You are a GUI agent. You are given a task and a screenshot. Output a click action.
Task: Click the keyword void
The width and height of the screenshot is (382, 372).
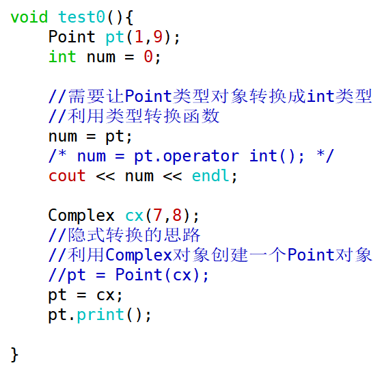(29, 17)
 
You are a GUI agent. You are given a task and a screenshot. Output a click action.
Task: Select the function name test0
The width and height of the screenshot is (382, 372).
(81, 17)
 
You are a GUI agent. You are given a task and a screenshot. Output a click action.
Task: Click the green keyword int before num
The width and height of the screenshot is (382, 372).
(62, 57)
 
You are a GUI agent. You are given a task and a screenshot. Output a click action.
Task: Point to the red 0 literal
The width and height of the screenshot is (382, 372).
(148, 57)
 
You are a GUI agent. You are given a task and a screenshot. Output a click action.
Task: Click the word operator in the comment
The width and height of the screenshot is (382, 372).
(201, 156)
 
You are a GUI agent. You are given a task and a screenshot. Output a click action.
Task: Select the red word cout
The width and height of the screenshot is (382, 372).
(67, 176)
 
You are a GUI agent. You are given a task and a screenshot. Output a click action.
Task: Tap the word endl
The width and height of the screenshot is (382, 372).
(210, 176)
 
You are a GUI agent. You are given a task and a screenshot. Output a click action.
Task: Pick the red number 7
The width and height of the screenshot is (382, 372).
(158, 215)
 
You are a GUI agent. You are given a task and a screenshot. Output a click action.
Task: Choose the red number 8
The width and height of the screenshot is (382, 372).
(177, 215)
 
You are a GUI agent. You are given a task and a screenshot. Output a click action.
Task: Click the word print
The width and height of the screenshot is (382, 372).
(100, 315)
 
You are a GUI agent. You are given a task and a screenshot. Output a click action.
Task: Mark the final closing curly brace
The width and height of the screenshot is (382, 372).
(14, 355)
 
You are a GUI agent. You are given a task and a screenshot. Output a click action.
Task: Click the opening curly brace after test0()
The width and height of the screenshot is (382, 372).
(129, 18)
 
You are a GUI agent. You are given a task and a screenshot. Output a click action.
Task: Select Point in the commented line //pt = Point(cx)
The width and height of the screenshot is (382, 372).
(139, 275)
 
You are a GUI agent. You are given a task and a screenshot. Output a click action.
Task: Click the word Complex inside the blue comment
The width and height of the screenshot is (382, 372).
(139, 256)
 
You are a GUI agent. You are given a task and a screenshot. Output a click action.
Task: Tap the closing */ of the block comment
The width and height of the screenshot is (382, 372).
(325, 155)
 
